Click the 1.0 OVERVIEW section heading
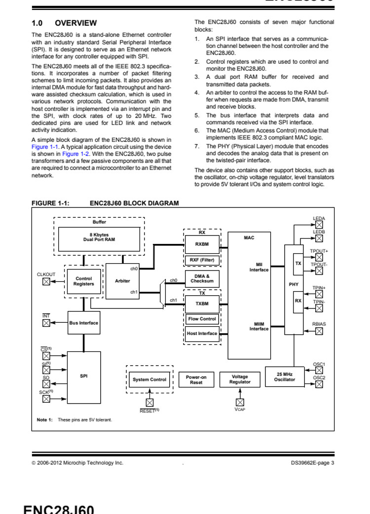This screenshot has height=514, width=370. (64, 23)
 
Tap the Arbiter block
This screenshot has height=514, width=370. (123, 281)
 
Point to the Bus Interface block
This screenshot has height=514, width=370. (83, 323)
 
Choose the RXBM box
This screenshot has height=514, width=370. (202, 243)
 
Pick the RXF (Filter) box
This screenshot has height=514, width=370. (202, 260)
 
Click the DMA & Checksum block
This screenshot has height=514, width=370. (202, 278)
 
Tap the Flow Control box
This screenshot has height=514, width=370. (202, 319)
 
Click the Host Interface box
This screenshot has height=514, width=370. (202, 334)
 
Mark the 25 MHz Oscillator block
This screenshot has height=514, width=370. (285, 377)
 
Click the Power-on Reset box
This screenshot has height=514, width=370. (196, 379)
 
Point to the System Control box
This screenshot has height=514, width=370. (149, 379)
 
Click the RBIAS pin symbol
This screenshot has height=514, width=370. (319, 331)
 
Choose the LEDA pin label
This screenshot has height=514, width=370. (319, 218)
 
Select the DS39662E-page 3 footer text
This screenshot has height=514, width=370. (312, 462)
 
